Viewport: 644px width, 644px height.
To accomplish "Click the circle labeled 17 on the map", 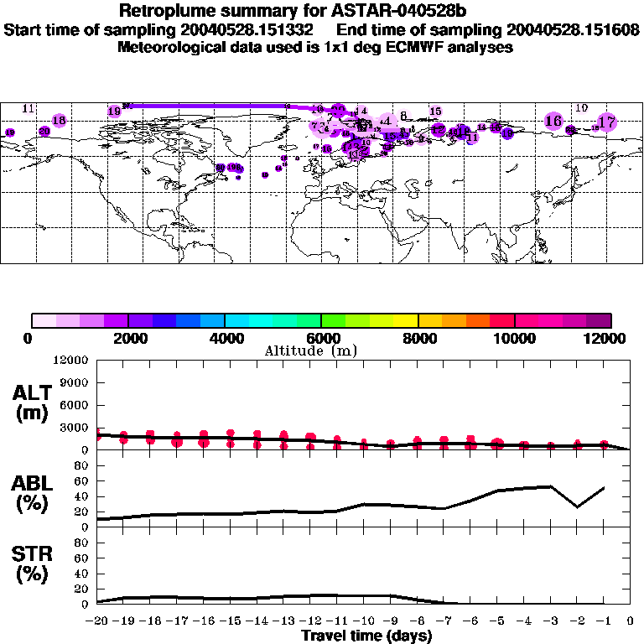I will (607, 122).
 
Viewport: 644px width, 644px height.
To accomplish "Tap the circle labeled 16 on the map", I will (553, 121).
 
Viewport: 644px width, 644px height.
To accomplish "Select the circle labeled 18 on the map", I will (59, 121).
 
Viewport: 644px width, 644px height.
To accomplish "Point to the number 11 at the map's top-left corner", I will (29, 109).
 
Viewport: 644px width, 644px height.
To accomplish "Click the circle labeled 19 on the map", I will (115, 111).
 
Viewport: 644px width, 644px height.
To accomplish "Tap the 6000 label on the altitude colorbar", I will (321, 339).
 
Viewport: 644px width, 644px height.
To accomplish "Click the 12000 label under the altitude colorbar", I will (610, 339).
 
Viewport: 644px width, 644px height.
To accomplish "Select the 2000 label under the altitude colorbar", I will (127, 339).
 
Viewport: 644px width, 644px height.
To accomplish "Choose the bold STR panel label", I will (31, 554).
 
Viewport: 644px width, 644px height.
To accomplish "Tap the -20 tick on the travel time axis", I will (98, 622).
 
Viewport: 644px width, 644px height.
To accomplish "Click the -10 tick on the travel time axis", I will (364, 622).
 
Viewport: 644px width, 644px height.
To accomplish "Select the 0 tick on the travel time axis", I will (631, 622).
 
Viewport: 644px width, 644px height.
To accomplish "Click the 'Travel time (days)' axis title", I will (366, 636).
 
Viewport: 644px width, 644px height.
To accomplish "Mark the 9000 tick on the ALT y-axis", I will (73, 382).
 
